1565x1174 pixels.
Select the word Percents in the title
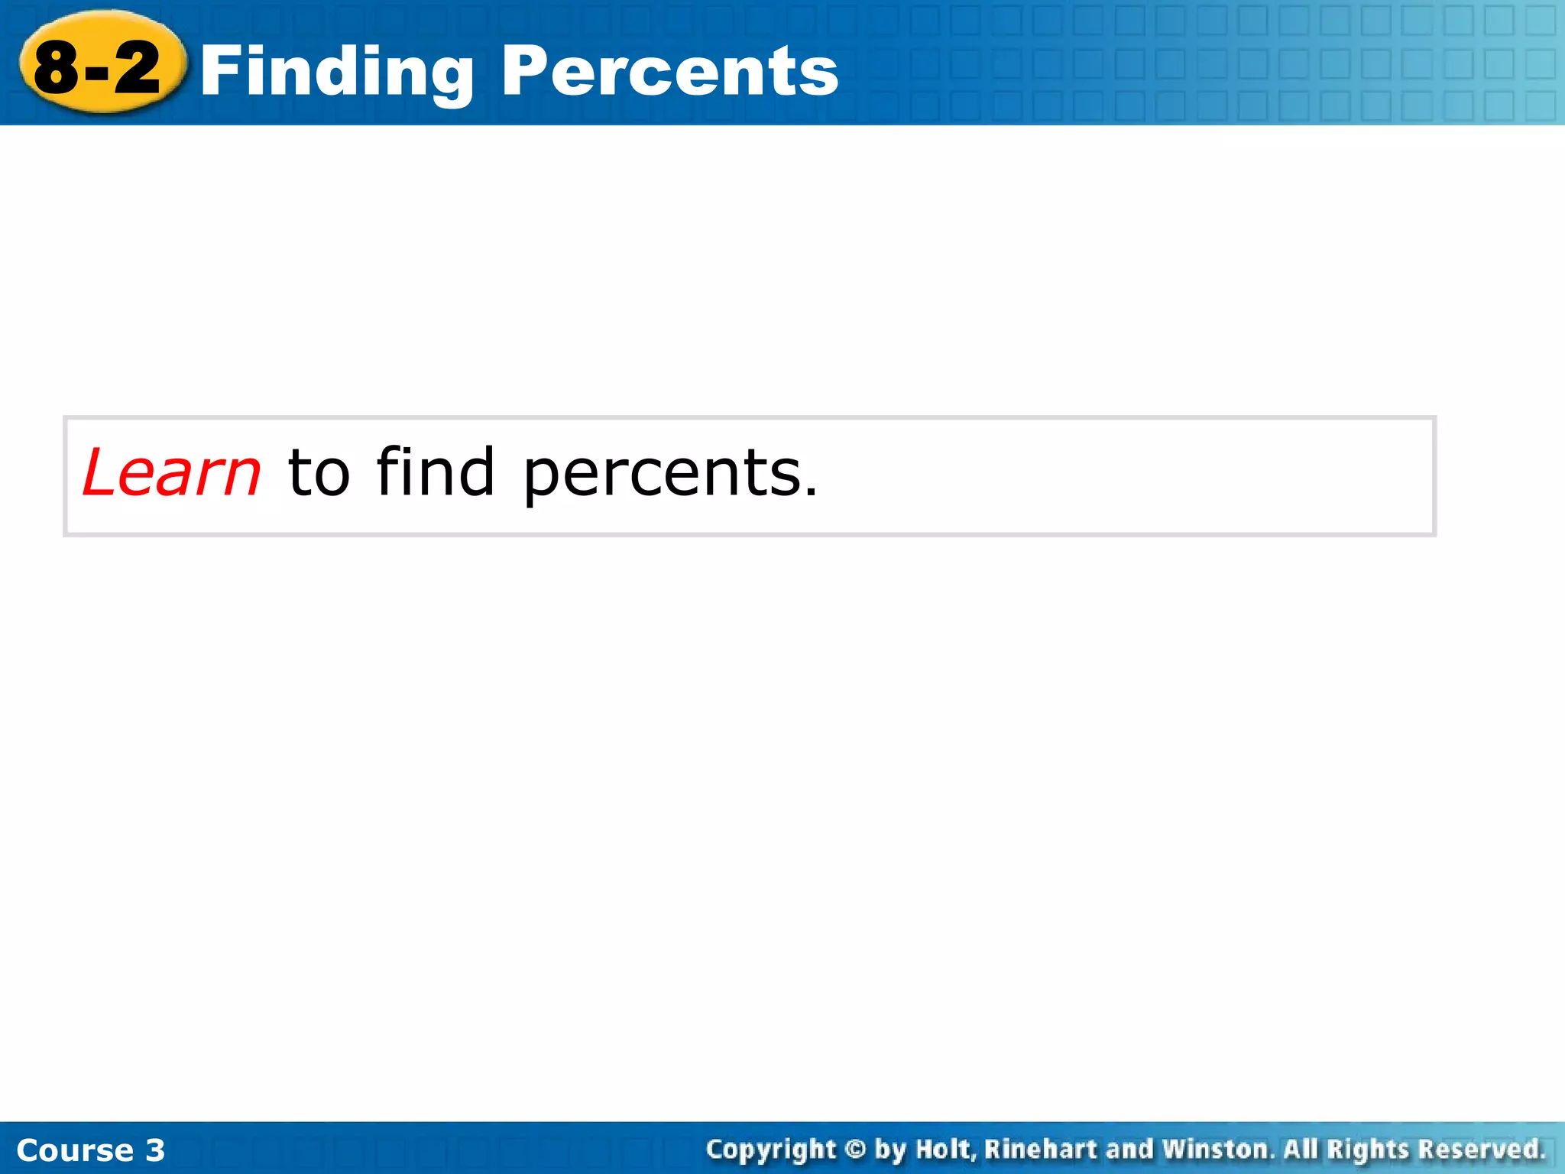[670, 70]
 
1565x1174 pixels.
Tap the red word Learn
[172, 473]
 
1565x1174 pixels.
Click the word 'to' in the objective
[319, 473]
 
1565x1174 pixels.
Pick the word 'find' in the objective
[436, 472]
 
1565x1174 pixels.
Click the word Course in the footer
[75, 1150]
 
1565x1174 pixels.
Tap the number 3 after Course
[155, 1150]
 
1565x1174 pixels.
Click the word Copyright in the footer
[771, 1150]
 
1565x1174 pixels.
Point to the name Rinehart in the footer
[1040, 1149]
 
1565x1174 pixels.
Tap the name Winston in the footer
[1217, 1149]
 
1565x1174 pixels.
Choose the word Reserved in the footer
[1480, 1149]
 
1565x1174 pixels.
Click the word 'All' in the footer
[1300, 1149]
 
